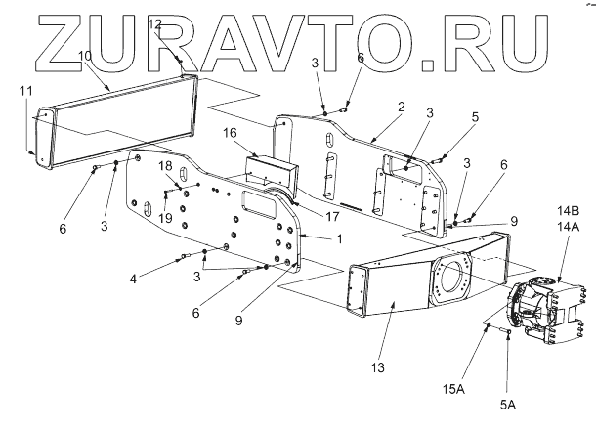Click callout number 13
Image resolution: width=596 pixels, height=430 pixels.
(x=379, y=366)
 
